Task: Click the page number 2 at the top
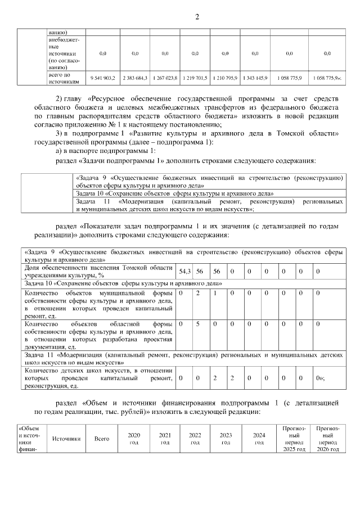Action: click(x=197, y=17)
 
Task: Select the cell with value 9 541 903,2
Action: click(x=102, y=78)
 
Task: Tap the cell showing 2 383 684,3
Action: click(x=135, y=78)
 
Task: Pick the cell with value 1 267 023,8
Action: click(x=165, y=78)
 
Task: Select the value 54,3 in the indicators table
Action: click(x=185, y=272)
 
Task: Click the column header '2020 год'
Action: click(x=134, y=439)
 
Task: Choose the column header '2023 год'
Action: click(x=226, y=439)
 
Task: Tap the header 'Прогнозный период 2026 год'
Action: click(x=327, y=439)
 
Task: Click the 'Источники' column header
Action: click(x=67, y=439)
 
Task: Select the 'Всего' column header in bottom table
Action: click(x=102, y=439)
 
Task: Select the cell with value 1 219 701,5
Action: click(x=195, y=78)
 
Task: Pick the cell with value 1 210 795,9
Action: click(x=224, y=78)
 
